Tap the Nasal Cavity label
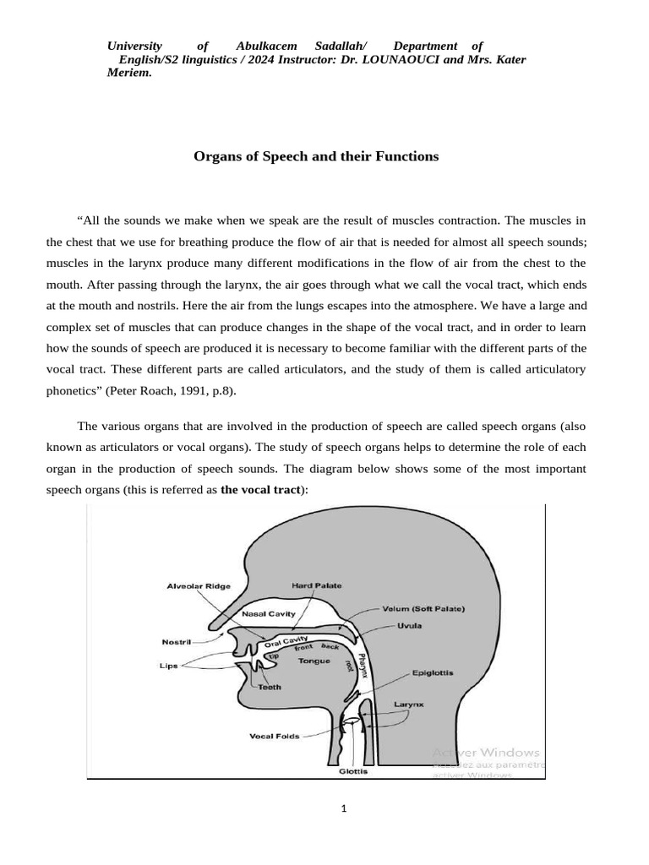coord(268,613)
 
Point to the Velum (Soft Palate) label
coord(423,608)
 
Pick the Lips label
coord(170,666)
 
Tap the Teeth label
coord(270,688)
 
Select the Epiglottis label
coord(433,673)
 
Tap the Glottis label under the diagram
coord(352,771)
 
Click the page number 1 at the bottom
coord(344,808)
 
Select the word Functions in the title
coord(401,156)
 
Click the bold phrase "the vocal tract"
coord(261,490)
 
